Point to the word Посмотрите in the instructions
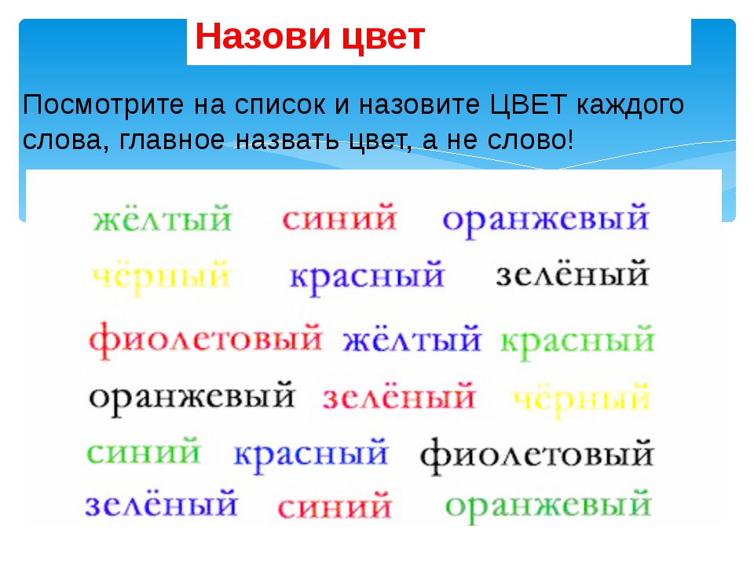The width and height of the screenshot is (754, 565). point(104,104)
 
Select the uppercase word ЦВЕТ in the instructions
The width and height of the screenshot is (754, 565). point(529,104)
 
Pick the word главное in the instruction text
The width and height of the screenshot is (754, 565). point(172,140)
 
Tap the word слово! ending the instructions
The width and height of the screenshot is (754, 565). point(530,140)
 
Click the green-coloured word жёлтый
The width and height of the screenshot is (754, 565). point(163,219)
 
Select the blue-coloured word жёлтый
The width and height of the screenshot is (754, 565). point(412,339)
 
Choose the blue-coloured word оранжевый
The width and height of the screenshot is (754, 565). point(546,219)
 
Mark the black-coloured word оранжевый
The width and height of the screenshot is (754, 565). point(192,398)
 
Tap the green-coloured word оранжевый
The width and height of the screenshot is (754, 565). point(548,505)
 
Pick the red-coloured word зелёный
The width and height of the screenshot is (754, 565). point(399,397)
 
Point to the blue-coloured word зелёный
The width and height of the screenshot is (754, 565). point(161,504)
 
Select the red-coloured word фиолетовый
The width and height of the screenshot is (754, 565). point(205,339)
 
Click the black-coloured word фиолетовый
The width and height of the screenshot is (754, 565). point(536,454)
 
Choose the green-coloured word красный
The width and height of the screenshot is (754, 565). point(577,341)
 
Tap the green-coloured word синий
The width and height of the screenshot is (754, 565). point(143,452)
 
